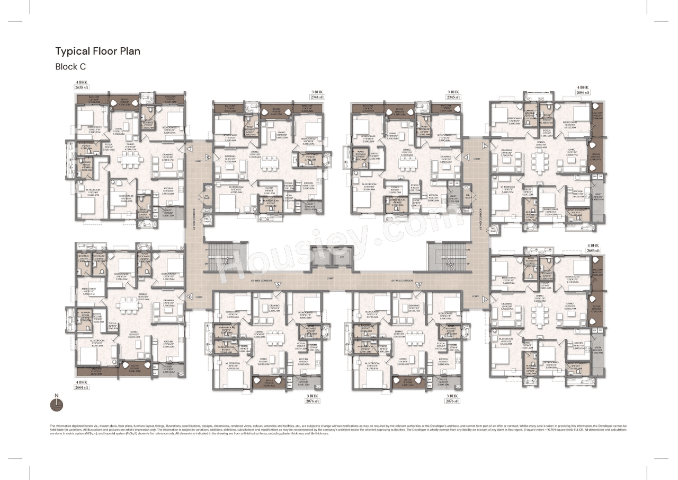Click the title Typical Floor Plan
(98, 51)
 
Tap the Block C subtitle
(70, 67)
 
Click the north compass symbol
(56, 405)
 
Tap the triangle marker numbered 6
(190, 297)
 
